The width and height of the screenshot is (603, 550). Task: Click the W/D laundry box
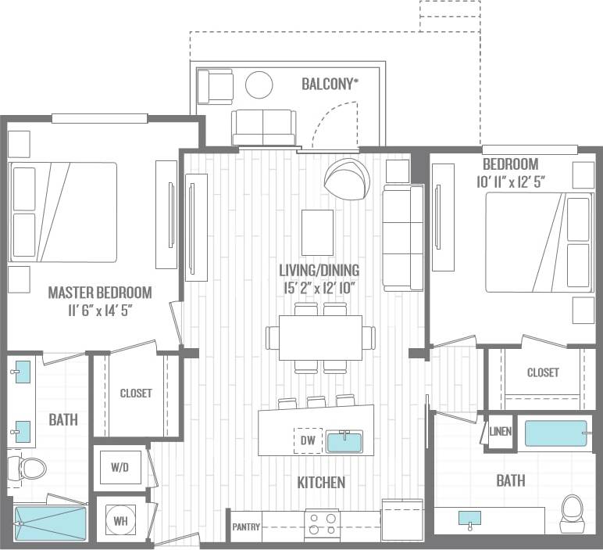pos(120,468)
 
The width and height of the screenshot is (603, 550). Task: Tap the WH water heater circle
pos(120,519)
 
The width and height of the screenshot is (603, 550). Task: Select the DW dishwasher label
pos(308,441)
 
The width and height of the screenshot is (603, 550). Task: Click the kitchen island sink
pos(344,442)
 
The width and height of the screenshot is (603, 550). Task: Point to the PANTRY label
pos(245,527)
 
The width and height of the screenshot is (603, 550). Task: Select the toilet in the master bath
pos(28,469)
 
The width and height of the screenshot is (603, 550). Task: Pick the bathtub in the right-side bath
pos(555,433)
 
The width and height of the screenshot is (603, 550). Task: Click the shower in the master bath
pos(50,523)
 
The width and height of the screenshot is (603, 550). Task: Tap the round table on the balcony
pos(259,84)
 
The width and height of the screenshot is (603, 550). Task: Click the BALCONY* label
pos(330,84)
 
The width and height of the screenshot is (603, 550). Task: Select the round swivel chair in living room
pos(347,179)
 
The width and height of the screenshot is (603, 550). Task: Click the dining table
pos(320,337)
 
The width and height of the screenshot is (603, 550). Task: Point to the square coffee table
pos(317,232)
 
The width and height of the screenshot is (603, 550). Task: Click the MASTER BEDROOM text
pos(100,293)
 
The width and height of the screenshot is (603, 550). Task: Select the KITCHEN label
pos(321,483)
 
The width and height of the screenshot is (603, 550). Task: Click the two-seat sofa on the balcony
pos(263,126)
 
